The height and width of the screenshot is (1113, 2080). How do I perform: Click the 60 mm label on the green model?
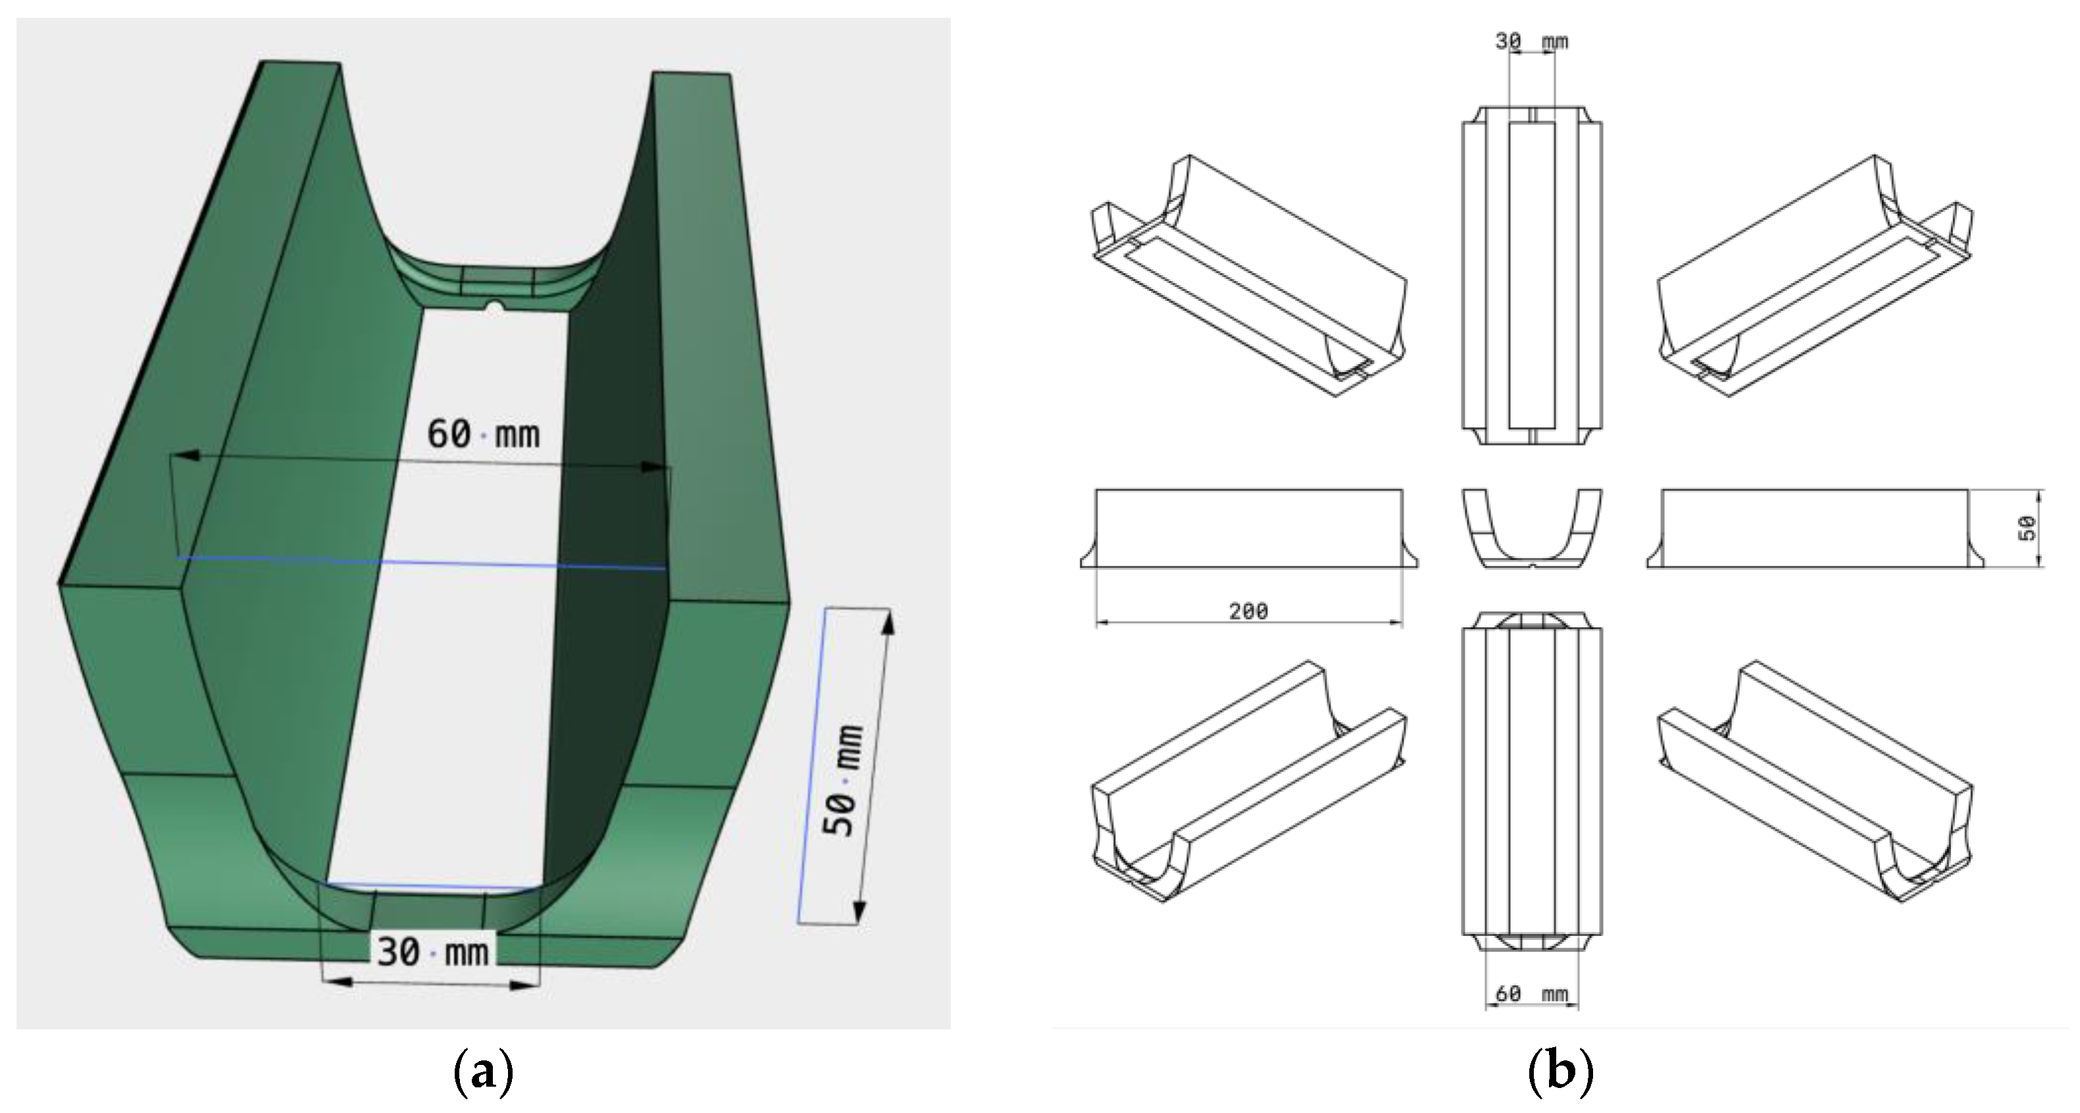click(483, 434)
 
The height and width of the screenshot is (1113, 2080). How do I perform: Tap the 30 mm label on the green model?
click(433, 952)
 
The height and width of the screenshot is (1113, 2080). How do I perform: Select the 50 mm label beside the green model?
click(842, 781)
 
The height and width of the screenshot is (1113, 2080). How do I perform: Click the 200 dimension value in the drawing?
click(1248, 611)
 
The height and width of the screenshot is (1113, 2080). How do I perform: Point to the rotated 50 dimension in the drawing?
click(2026, 529)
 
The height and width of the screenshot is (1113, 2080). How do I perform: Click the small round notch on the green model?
click(495, 306)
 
